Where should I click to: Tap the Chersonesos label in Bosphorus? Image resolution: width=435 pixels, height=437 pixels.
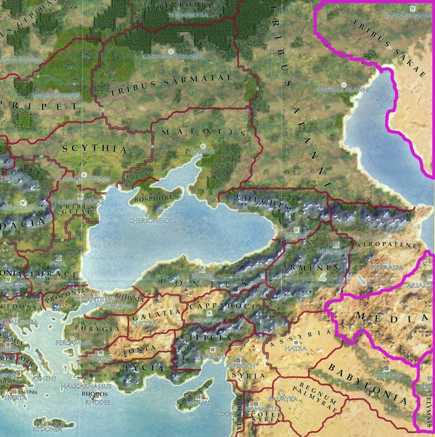click(x=150, y=221)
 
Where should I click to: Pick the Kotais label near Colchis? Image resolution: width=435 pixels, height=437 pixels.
click(x=295, y=236)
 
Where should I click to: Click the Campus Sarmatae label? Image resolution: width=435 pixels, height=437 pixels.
click(x=174, y=57)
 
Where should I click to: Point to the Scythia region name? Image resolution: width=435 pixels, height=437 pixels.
click(x=94, y=149)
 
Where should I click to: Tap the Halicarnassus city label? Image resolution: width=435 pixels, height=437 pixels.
click(x=86, y=386)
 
